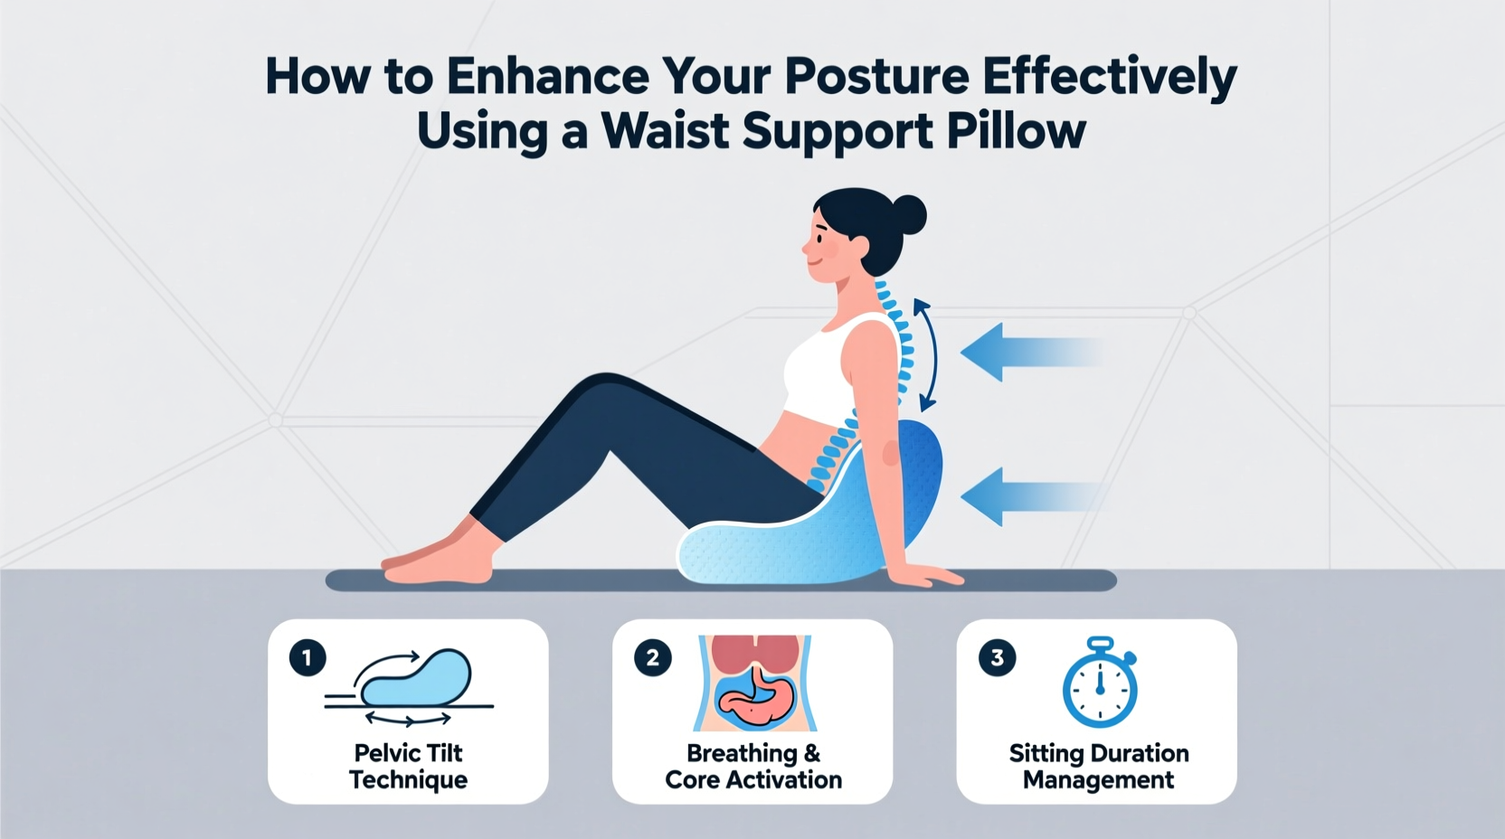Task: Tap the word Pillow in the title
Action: coord(1016,132)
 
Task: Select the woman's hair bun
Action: coord(907,215)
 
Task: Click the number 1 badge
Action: coord(308,657)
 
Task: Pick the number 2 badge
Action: coord(652,657)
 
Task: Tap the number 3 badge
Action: coord(997,657)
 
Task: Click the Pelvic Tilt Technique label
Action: coord(409,766)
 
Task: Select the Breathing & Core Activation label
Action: coord(753,766)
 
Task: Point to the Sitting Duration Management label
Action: coord(1098,766)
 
